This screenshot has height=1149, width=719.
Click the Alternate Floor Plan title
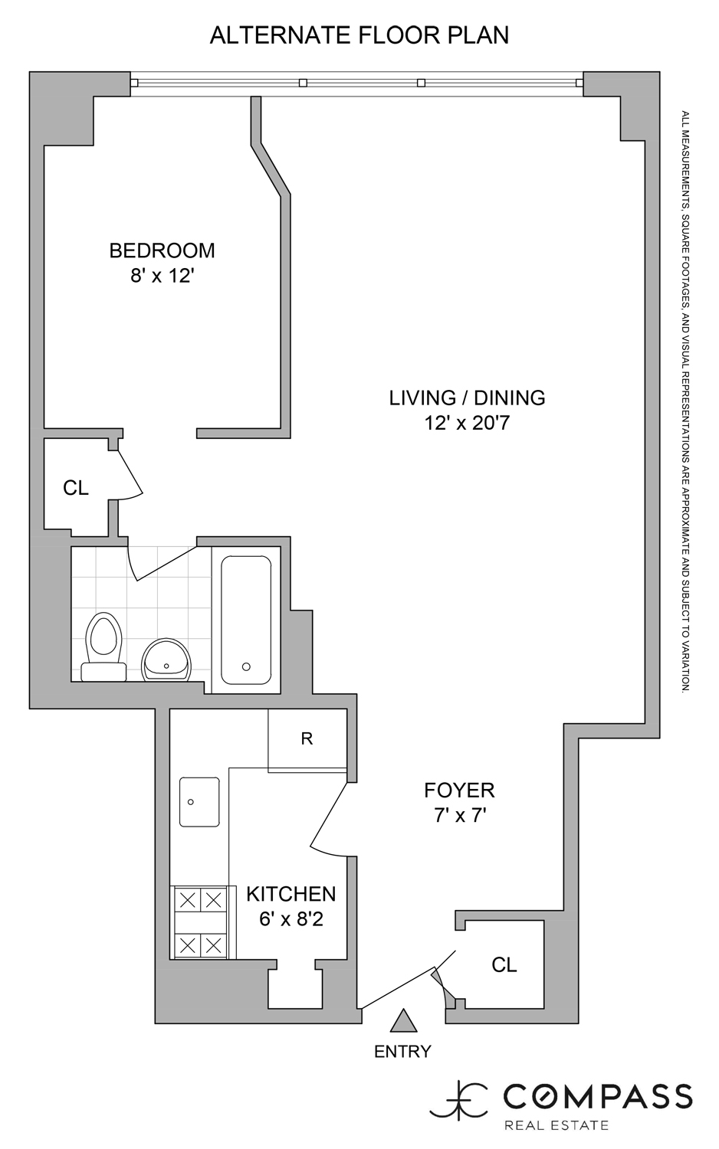point(359,35)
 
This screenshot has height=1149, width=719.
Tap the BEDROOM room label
point(162,250)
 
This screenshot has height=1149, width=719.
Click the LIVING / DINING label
point(467,398)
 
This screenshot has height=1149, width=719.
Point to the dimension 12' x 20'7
point(467,423)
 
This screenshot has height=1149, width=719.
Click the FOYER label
point(459,790)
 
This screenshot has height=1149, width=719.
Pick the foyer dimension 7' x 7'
point(460,816)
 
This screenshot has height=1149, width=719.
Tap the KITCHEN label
point(291,893)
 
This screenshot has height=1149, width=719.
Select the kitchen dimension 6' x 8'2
point(291,918)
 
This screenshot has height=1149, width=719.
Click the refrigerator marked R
point(307,739)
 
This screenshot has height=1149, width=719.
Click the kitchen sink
point(199,802)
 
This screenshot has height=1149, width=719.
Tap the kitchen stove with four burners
point(199,921)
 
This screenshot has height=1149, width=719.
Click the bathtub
point(246,620)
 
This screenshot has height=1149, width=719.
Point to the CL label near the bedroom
point(76,488)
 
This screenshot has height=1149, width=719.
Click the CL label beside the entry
point(504,965)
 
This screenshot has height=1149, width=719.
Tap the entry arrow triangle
point(402,1021)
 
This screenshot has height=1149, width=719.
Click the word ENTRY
point(402,1052)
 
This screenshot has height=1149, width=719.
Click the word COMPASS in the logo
point(597,1096)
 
